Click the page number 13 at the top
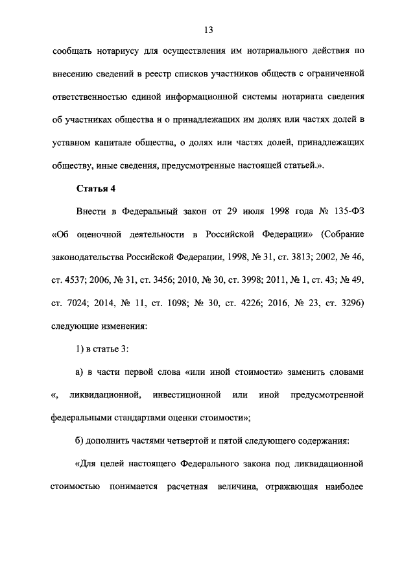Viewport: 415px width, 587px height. (x=207, y=30)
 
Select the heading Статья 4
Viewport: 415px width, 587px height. (x=97, y=189)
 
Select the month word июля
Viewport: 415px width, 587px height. (x=258, y=211)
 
